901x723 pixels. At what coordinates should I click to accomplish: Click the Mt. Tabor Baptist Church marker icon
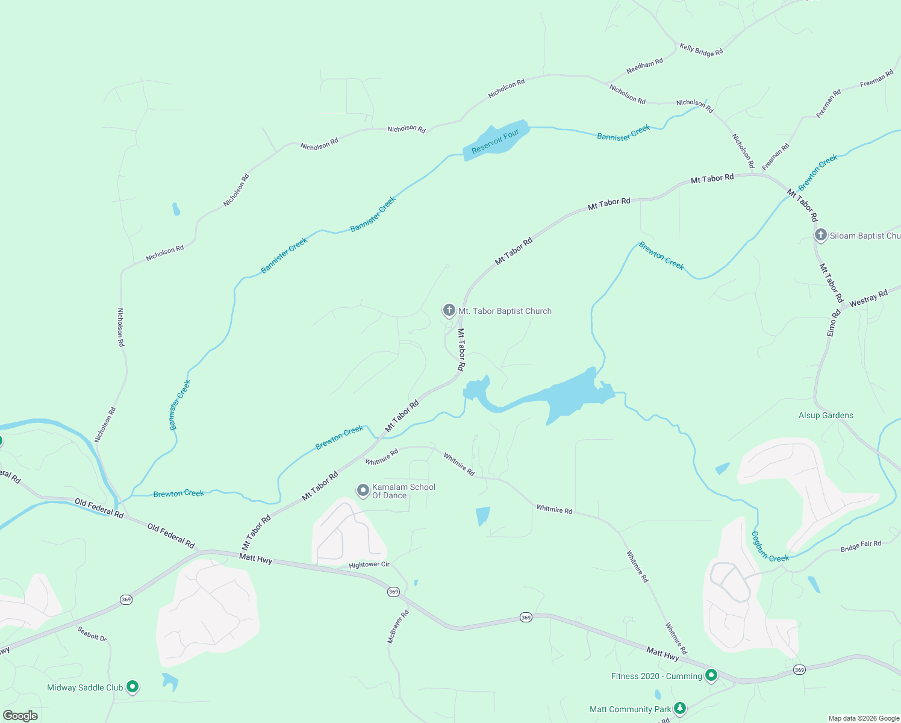449,311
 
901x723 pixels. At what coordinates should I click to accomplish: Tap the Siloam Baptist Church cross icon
820,235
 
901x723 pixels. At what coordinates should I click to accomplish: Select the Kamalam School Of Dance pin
363,490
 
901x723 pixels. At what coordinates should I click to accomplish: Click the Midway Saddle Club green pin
132,687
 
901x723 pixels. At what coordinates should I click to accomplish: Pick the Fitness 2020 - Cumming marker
711,676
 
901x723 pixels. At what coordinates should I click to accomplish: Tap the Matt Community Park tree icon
680,708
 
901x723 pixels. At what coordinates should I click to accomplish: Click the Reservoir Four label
495,142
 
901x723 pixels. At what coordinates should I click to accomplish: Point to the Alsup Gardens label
826,415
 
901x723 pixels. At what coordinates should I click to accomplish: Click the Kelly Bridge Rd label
701,49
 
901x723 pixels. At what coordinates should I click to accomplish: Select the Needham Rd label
644,66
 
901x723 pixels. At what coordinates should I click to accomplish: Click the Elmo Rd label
834,324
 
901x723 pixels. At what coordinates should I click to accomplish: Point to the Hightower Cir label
369,565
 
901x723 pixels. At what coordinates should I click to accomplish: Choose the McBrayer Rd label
398,627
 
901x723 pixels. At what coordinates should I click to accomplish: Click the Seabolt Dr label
92,634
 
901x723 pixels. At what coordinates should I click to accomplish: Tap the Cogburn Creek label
769,547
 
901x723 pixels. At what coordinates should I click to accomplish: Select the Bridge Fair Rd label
861,546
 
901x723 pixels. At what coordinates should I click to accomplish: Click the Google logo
20,715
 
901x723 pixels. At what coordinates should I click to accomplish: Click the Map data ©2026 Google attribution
864,718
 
